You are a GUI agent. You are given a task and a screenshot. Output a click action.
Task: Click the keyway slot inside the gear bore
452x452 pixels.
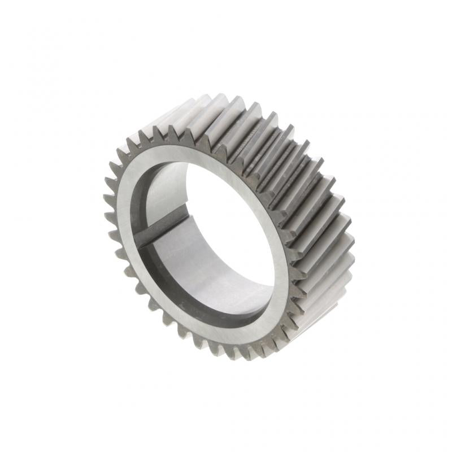(x=164, y=223)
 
